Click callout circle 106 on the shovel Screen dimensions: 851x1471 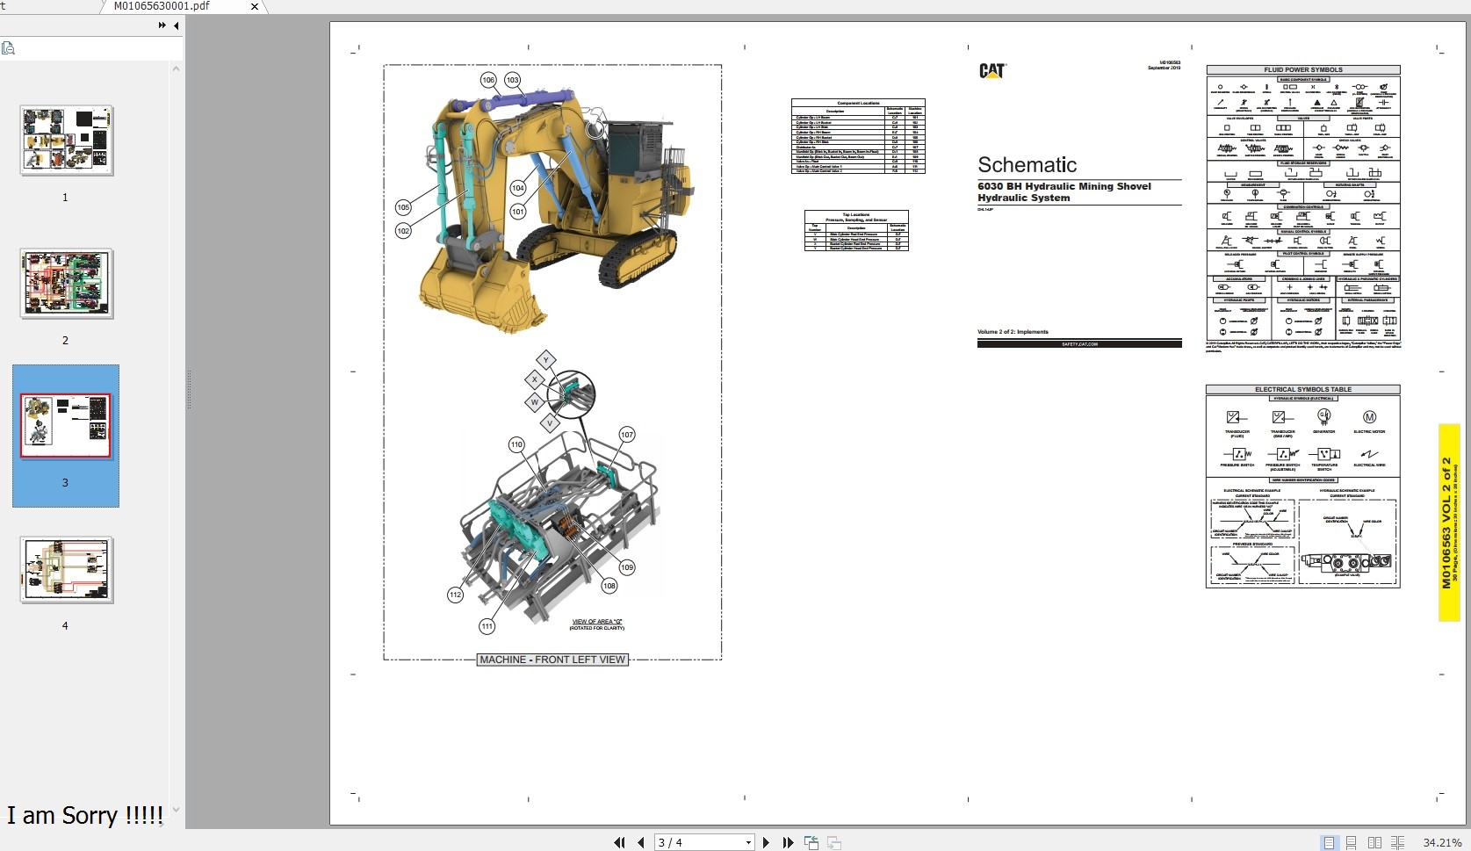point(488,80)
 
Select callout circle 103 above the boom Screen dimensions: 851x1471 point(512,80)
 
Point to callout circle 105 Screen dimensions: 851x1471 point(403,207)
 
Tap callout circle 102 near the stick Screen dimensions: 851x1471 point(403,231)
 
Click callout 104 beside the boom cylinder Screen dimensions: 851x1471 point(518,188)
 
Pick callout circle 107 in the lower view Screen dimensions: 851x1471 point(627,435)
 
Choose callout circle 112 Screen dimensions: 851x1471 point(455,595)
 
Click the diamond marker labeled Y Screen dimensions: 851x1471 point(546,360)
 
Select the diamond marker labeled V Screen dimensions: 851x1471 point(550,423)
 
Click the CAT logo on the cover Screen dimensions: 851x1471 point(991,71)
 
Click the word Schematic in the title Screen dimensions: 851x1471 point(1027,165)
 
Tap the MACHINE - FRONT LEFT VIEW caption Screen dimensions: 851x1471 point(552,660)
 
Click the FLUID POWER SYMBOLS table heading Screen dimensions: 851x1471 point(1302,69)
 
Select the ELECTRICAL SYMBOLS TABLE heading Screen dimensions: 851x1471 point(1302,389)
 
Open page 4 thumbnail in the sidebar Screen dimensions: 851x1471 point(66,570)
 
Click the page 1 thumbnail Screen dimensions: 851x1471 point(67,141)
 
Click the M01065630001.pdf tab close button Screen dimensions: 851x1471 point(255,6)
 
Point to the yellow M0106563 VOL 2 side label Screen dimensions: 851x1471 point(1448,523)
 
